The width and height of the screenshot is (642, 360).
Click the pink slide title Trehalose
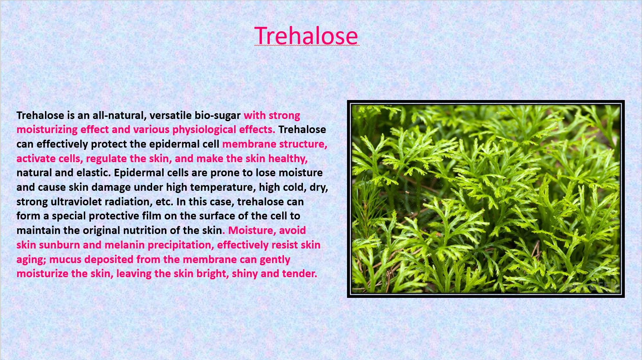(x=306, y=36)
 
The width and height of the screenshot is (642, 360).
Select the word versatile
(x=171, y=115)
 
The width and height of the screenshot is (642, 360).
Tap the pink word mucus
(x=65, y=260)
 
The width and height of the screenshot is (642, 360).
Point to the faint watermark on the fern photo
(x=591, y=286)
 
